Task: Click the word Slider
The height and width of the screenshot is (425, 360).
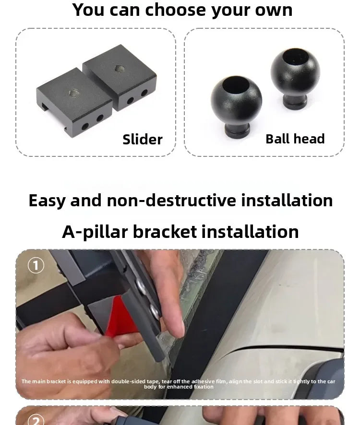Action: (143, 139)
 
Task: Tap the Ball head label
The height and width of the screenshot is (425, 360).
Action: (295, 139)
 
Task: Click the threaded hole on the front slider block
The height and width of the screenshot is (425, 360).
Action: (74, 94)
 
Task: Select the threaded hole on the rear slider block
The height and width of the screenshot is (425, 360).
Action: (120, 69)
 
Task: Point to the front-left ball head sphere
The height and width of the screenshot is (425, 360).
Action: (236, 101)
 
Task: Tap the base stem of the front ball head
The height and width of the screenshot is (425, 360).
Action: (237, 131)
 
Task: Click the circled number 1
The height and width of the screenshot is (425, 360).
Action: (36, 265)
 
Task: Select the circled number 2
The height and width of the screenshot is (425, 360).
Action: (36, 420)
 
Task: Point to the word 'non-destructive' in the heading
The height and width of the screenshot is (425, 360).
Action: (171, 201)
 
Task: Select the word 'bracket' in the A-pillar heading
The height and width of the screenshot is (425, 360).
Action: (165, 232)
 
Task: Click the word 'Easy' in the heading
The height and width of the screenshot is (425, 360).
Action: (47, 201)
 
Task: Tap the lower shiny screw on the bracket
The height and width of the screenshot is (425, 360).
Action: (155, 311)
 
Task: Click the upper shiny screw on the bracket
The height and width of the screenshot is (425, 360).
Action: (141, 286)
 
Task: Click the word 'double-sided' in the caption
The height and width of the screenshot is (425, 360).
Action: (128, 381)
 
